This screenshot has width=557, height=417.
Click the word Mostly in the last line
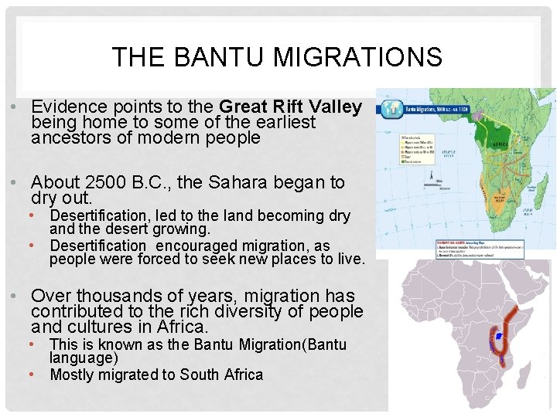coord(76,375)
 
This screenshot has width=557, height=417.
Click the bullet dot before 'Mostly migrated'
coord(33,375)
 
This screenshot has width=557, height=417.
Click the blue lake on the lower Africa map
coord(498,336)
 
